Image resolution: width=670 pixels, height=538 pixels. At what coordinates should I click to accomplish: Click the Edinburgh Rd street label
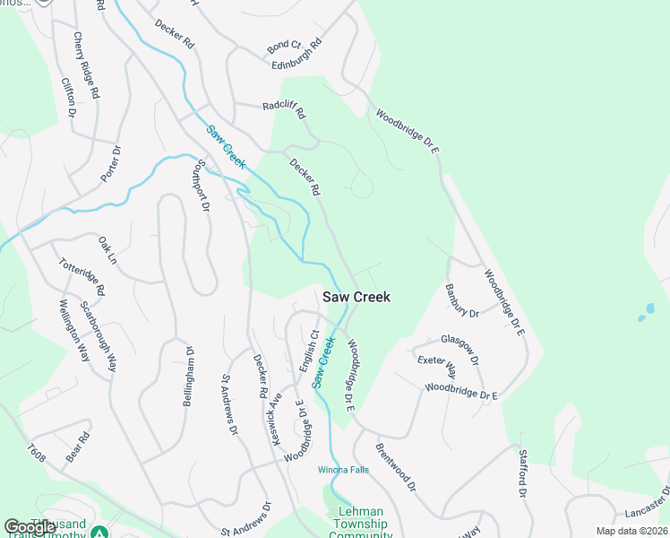tap(296, 56)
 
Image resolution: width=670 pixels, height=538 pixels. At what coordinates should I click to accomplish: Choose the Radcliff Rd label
tap(284, 109)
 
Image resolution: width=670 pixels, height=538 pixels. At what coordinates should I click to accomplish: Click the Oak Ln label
tap(107, 249)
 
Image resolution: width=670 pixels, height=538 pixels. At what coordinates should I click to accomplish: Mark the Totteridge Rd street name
tap(83, 278)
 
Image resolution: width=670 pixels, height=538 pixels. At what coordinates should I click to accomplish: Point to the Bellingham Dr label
tap(189, 377)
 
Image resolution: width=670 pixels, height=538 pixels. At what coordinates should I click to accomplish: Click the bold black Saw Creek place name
tap(356, 297)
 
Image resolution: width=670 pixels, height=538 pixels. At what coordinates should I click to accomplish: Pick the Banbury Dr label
tap(462, 301)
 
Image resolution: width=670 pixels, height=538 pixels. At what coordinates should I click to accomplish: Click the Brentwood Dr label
tap(396, 466)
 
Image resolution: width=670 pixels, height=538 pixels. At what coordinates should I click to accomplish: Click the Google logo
tap(30, 527)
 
